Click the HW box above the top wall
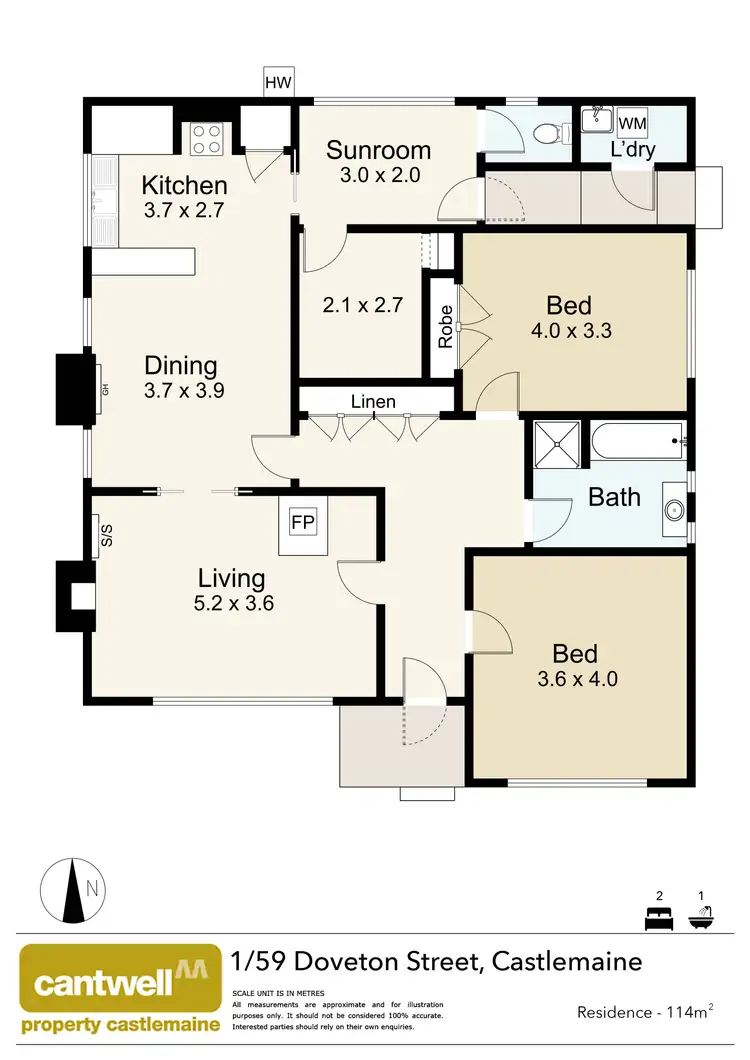pos(278,83)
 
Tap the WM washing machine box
pos(632,122)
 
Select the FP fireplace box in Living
pos(303,522)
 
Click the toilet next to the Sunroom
pos(548,131)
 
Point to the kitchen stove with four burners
pos(206,138)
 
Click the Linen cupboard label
pos(373,402)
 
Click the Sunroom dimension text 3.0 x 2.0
pos(379,174)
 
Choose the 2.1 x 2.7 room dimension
pos(362,305)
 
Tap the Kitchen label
pos(184,185)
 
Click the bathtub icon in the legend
pos(701,915)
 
